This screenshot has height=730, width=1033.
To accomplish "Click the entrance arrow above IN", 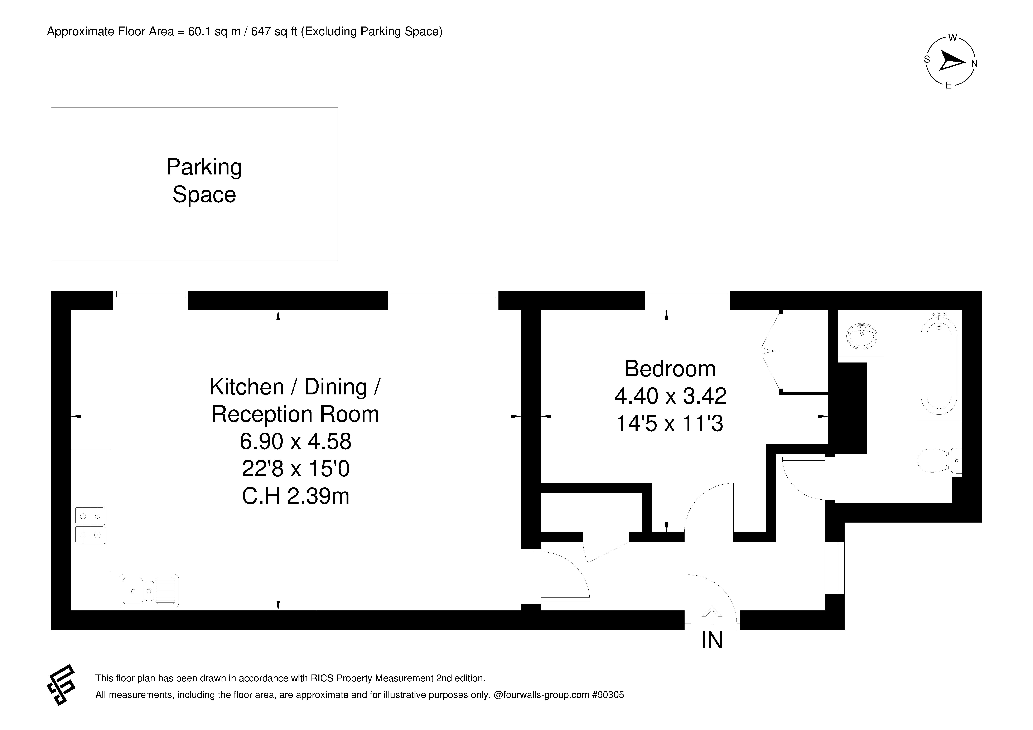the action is pos(712,615).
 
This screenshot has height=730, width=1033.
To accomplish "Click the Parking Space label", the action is pos(204,181).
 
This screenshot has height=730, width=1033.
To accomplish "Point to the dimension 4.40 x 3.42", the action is pos(670,396).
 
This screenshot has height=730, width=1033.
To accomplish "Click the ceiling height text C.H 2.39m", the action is pos(296,496).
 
